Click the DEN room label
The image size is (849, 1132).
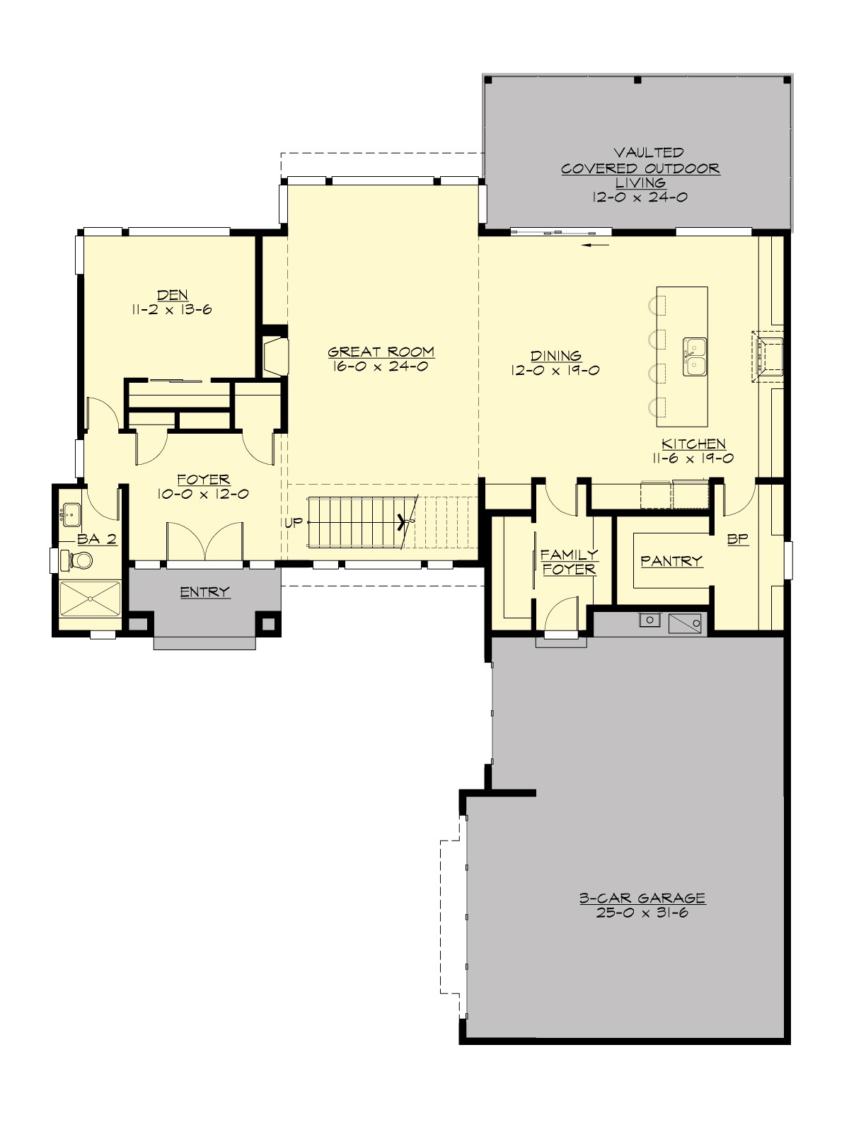point(172,295)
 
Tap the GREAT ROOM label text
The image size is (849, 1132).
point(381,352)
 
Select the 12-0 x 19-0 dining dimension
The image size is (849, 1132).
point(556,370)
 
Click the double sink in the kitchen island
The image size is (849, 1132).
point(694,356)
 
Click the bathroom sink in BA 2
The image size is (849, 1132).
point(70,513)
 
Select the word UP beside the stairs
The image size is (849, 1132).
point(293,523)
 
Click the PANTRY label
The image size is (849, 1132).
point(671,561)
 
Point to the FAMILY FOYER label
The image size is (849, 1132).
point(569,562)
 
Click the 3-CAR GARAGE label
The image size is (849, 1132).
point(642,898)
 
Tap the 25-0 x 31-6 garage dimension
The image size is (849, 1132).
point(642,913)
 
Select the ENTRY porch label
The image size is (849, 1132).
point(204,591)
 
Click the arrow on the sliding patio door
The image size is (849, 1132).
point(598,246)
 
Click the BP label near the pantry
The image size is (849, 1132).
point(738,539)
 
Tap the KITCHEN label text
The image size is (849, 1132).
point(693,444)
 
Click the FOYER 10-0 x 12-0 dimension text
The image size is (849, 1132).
point(203,495)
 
